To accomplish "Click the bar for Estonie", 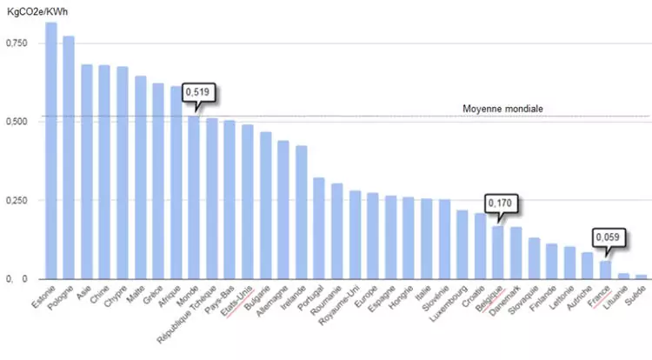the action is (51, 150).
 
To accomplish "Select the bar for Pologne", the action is (69, 157).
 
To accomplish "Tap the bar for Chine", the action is (104, 172).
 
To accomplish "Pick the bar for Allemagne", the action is (283, 210).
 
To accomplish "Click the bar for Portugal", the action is (319, 228).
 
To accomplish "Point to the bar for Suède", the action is (642, 277).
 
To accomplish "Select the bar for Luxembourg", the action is (462, 244).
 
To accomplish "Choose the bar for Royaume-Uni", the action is (355, 235).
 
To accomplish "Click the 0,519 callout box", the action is (199, 92).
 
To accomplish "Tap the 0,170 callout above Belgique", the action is (502, 203).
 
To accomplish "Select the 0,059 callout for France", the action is (609, 237).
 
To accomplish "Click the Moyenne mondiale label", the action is (502, 109).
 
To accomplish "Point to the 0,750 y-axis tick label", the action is (17, 43).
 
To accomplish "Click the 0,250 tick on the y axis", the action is (17, 200).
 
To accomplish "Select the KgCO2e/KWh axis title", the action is (37, 11).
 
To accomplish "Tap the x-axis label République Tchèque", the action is (187, 315).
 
